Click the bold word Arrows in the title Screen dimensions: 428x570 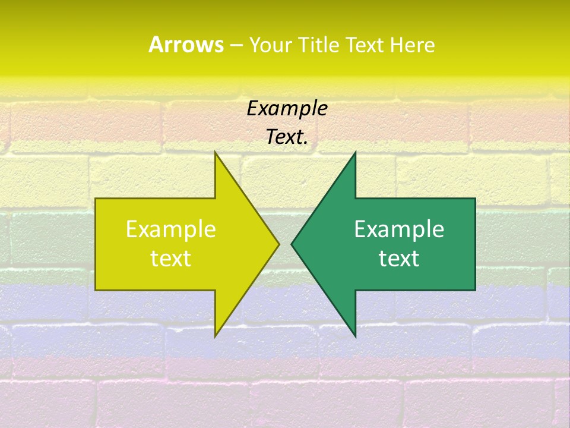186,45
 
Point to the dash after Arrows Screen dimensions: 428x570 236,45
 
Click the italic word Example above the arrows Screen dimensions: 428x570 287,108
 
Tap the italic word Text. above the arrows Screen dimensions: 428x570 287,137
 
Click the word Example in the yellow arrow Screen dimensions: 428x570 171,229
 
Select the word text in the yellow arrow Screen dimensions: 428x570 171,259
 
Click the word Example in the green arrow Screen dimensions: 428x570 399,229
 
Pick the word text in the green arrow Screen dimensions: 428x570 399,259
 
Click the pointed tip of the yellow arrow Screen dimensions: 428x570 278,244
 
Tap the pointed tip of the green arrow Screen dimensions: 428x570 292,244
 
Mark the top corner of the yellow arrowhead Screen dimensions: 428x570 216,152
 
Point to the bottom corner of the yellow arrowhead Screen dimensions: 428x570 216,336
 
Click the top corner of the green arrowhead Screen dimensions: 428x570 355,152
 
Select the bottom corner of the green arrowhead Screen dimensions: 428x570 355,336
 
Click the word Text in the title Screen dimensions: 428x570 366,45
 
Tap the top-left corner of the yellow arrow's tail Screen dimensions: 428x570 96,199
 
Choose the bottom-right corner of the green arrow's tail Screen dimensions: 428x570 475,290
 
